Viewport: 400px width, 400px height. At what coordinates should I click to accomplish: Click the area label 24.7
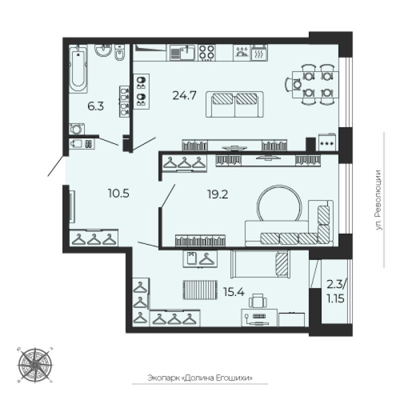[x=184, y=95]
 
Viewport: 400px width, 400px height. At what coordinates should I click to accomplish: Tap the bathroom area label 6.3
[x=95, y=106]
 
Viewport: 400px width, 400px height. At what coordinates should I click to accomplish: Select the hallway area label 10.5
[x=118, y=193]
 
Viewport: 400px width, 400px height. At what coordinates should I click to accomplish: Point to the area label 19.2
[x=217, y=194]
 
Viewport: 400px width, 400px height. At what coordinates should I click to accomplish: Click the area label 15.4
[x=233, y=291]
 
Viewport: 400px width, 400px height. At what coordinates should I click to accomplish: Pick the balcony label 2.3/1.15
[x=336, y=291]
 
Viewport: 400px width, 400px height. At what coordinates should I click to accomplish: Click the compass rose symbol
[x=35, y=365]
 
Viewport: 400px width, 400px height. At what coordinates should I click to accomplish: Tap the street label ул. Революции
[x=379, y=200]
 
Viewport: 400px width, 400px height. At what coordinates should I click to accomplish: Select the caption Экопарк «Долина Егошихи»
[x=200, y=377]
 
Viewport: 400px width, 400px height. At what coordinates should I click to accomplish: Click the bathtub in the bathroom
[x=78, y=68]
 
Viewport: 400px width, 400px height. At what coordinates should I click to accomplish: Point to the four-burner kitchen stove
[x=206, y=53]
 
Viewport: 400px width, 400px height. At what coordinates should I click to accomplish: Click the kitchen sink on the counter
[x=182, y=53]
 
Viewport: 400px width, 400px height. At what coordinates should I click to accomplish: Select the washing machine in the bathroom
[x=76, y=129]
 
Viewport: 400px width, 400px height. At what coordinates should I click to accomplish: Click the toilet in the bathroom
[x=119, y=53]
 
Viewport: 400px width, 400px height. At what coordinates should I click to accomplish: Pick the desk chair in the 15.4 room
[x=257, y=301]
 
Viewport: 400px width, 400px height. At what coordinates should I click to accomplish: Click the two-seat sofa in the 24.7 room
[x=234, y=104]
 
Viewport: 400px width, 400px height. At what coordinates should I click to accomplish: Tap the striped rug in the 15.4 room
[x=200, y=289]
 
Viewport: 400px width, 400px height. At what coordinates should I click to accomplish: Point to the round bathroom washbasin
[x=103, y=49]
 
